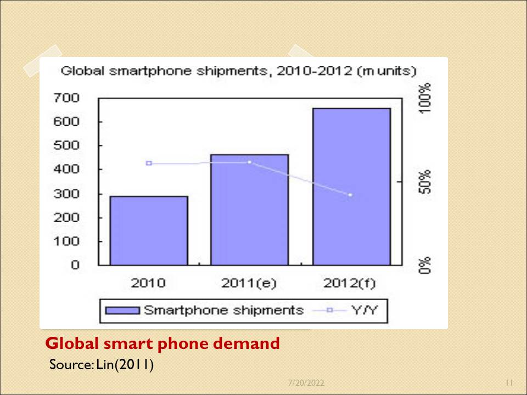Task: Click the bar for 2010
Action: pos(149,230)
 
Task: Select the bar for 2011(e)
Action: pos(250,210)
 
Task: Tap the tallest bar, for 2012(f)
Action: pos(351,187)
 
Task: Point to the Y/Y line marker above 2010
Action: pos(149,163)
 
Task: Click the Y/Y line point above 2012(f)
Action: pos(350,195)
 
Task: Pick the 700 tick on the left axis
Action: pos(66,98)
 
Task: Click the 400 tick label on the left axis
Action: pos(66,170)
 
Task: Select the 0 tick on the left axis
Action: pos(75,265)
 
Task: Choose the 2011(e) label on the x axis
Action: pos(249,284)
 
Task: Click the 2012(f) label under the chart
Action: pos(350,284)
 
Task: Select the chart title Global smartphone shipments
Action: pos(238,71)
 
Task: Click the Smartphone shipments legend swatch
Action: pos(122,311)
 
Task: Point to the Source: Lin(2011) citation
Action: pos(101,364)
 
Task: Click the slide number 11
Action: pos(508,382)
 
